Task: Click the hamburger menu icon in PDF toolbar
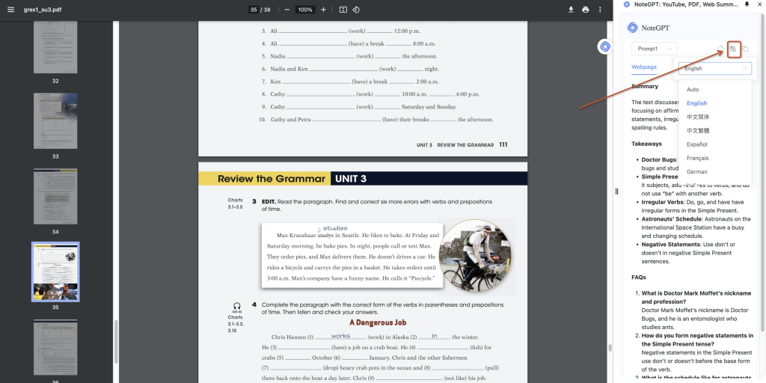10,10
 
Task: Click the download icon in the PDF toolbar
571,10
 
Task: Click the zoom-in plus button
323,10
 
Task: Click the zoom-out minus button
287,10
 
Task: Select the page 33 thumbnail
55,121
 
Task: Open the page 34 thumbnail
55,196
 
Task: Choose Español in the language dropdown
697,144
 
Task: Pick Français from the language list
697,158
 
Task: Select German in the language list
696,172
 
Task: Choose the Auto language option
693,90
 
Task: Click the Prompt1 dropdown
654,49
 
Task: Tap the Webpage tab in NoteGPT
644,67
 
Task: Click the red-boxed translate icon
733,49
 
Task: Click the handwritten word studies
334,228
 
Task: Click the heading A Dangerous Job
378,322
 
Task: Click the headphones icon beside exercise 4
236,306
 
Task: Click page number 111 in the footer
503,144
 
